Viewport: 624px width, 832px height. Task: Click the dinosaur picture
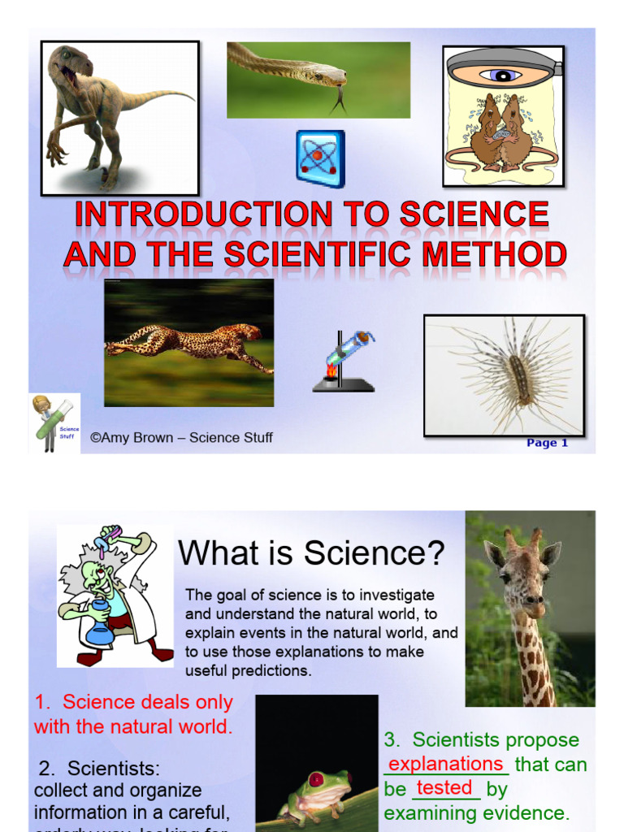pos(119,117)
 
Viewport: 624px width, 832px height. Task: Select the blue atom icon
pos(320,158)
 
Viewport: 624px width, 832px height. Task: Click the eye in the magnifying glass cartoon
pos(501,76)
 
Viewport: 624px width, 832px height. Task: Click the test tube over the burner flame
pos(348,349)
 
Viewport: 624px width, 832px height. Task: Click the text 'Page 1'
pos(547,443)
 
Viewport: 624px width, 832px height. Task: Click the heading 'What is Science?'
pos(311,554)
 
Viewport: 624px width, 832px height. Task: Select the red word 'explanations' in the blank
pos(446,764)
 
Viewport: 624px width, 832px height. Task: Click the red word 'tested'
pos(444,788)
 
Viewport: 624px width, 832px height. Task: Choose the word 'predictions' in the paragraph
pos(271,671)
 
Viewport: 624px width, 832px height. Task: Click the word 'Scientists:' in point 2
pos(114,768)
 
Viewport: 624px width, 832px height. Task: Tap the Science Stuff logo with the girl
pos(54,422)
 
